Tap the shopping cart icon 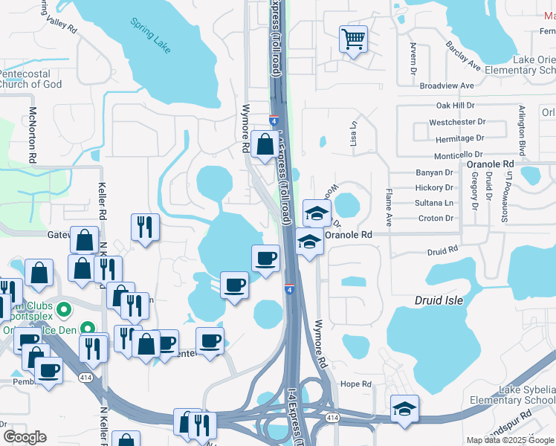pos(353,38)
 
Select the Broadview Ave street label pos(447,86)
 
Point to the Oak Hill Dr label pos(455,106)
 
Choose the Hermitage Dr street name pos(459,138)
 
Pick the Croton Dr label pos(436,219)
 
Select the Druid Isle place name pos(439,301)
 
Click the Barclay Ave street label pos(465,57)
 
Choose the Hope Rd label pos(355,384)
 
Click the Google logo pos(25,437)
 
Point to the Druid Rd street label pos(445,252)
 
